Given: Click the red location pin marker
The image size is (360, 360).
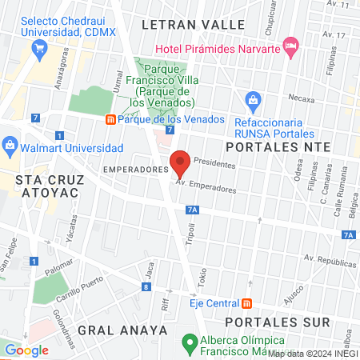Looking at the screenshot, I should [x=180, y=163].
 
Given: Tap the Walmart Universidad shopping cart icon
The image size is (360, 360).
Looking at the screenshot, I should [x=10, y=145].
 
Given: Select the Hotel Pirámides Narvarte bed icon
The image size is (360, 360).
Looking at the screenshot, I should [x=290, y=44].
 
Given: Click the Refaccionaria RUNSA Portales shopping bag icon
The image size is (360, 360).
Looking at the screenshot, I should [x=254, y=101].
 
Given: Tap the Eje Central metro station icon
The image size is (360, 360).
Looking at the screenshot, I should [x=246, y=303].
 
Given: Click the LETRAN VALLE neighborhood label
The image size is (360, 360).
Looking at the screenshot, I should [x=193, y=25].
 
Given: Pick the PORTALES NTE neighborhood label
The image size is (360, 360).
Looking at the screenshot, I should [x=277, y=147].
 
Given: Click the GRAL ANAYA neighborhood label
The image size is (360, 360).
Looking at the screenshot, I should [x=122, y=330].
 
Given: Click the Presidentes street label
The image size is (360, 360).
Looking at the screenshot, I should [x=215, y=162].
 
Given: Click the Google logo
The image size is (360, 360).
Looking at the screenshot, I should [x=26, y=350].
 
